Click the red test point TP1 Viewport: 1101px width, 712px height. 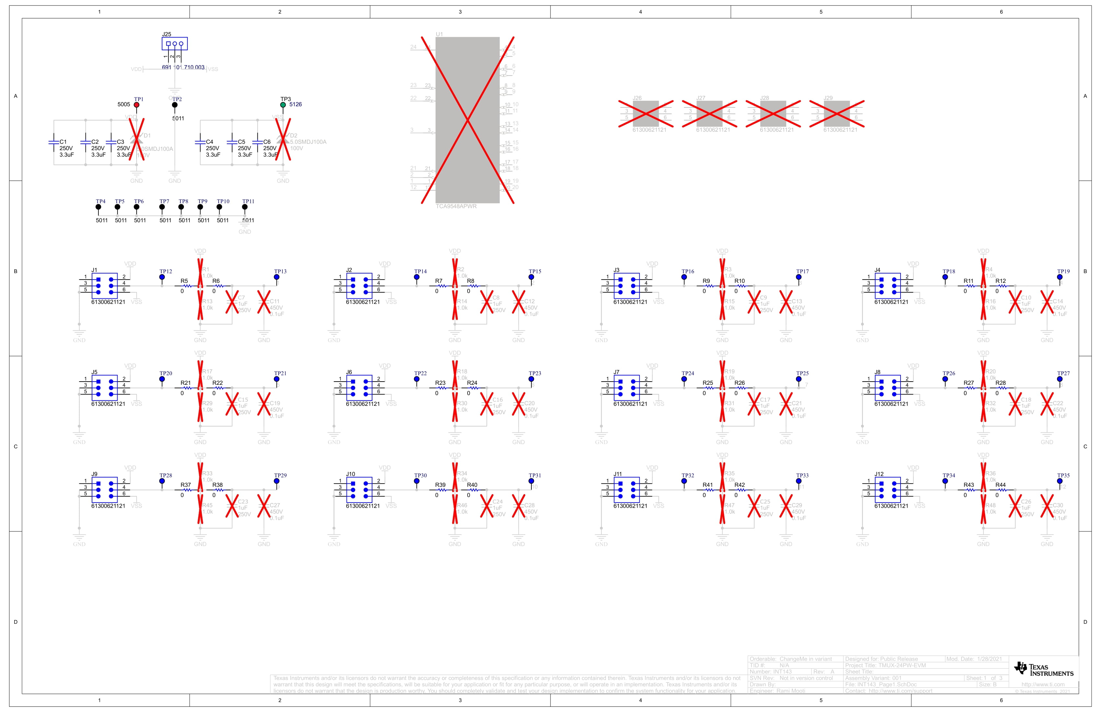136,105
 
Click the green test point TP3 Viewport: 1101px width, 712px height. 283,105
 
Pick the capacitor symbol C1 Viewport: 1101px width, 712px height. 54,142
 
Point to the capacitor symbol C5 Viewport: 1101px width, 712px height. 232,142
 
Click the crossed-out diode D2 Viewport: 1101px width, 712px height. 283,139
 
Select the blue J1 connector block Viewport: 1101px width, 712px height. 105,286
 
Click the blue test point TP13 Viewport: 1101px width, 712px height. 277,277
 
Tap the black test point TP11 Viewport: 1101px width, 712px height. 245,207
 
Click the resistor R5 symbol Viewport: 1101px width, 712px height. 187,286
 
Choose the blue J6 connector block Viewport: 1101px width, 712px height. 359,388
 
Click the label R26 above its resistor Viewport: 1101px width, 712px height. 739,383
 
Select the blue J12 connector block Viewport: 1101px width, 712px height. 887,490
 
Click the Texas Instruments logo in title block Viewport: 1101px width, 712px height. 1043,669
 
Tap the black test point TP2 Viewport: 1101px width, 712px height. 175,105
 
